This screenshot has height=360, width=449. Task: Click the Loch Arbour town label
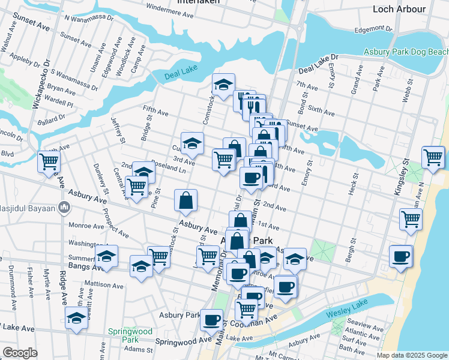(399, 8)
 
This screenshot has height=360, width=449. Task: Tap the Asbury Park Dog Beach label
(406, 52)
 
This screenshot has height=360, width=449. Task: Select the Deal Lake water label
(181, 74)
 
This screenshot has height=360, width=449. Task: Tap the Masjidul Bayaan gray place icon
(65, 209)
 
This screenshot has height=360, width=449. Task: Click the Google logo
(20, 353)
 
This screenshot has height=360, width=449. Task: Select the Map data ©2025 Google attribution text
(412, 355)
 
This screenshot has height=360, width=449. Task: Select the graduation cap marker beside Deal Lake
(223, 84)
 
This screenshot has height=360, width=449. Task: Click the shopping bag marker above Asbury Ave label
(186, 201)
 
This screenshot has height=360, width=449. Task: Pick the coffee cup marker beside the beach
(400, 256)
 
